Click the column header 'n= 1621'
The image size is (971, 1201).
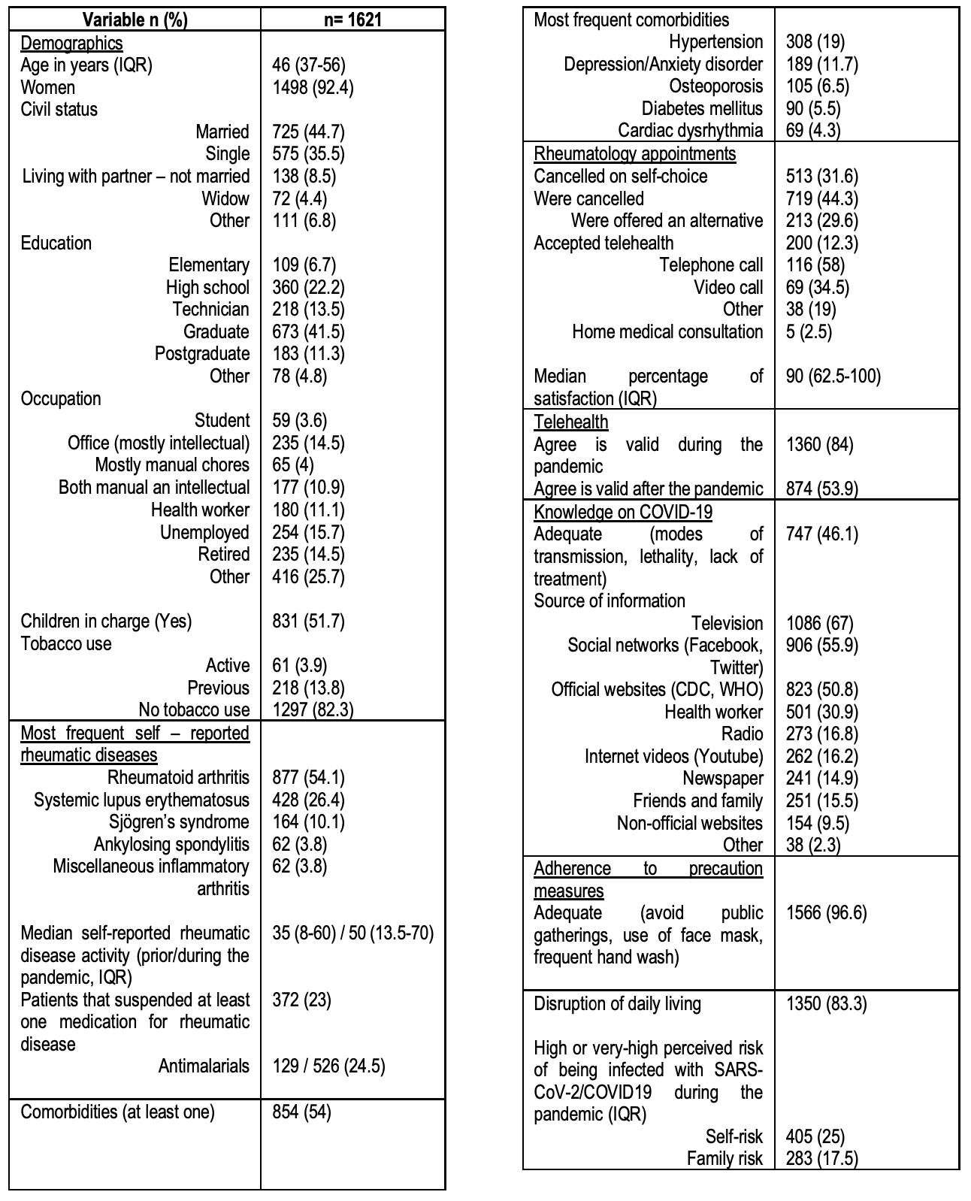click(x=352, y=20)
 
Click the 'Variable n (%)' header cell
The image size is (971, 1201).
click(x=135, y=20)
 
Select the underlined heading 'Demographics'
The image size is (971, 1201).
click(x=71, y=43)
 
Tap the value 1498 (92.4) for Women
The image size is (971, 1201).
click(x=313, y=87)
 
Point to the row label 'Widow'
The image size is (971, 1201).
click(x=225, y=198)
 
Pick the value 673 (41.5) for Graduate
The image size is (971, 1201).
click(x=308, y=331)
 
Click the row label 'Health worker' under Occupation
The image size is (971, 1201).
click(x=200, y=510)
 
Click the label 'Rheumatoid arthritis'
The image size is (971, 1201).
click(x=178, y=777)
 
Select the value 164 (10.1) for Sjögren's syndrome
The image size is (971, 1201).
click(x=308, y=821)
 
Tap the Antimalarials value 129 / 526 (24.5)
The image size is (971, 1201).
click(x=328, y=1066)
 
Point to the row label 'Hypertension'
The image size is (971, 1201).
click(x=715, y=42)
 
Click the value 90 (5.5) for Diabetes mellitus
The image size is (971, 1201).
click(x=813, y=109)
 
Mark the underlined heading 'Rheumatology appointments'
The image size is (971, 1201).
click(x=634, y=154)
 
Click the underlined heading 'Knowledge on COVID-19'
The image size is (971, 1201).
click(x=623, y=512)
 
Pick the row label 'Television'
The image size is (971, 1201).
click(x=727, y=623)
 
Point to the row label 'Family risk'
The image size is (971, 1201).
click(x=724, y=1158)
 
